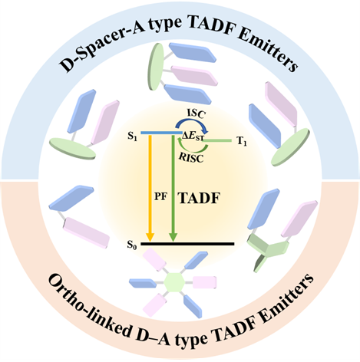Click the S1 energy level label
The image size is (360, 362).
point(132,137)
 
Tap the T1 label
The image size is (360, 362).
point(242,141)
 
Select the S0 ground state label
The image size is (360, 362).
point(132,245)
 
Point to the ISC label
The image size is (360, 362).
point(196,114)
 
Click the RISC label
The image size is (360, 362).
point(192,158)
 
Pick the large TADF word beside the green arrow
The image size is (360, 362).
point(200,198)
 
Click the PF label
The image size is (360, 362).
point(160,197)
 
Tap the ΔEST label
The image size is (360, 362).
point(193,136)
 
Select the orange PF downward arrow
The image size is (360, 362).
point(150,188)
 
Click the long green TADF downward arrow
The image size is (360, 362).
point(173,188)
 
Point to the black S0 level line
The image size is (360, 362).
point(187,244)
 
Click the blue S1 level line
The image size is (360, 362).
point(161,133)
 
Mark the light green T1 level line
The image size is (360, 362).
point(217,140)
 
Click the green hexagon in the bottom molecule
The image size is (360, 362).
point(174,282)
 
